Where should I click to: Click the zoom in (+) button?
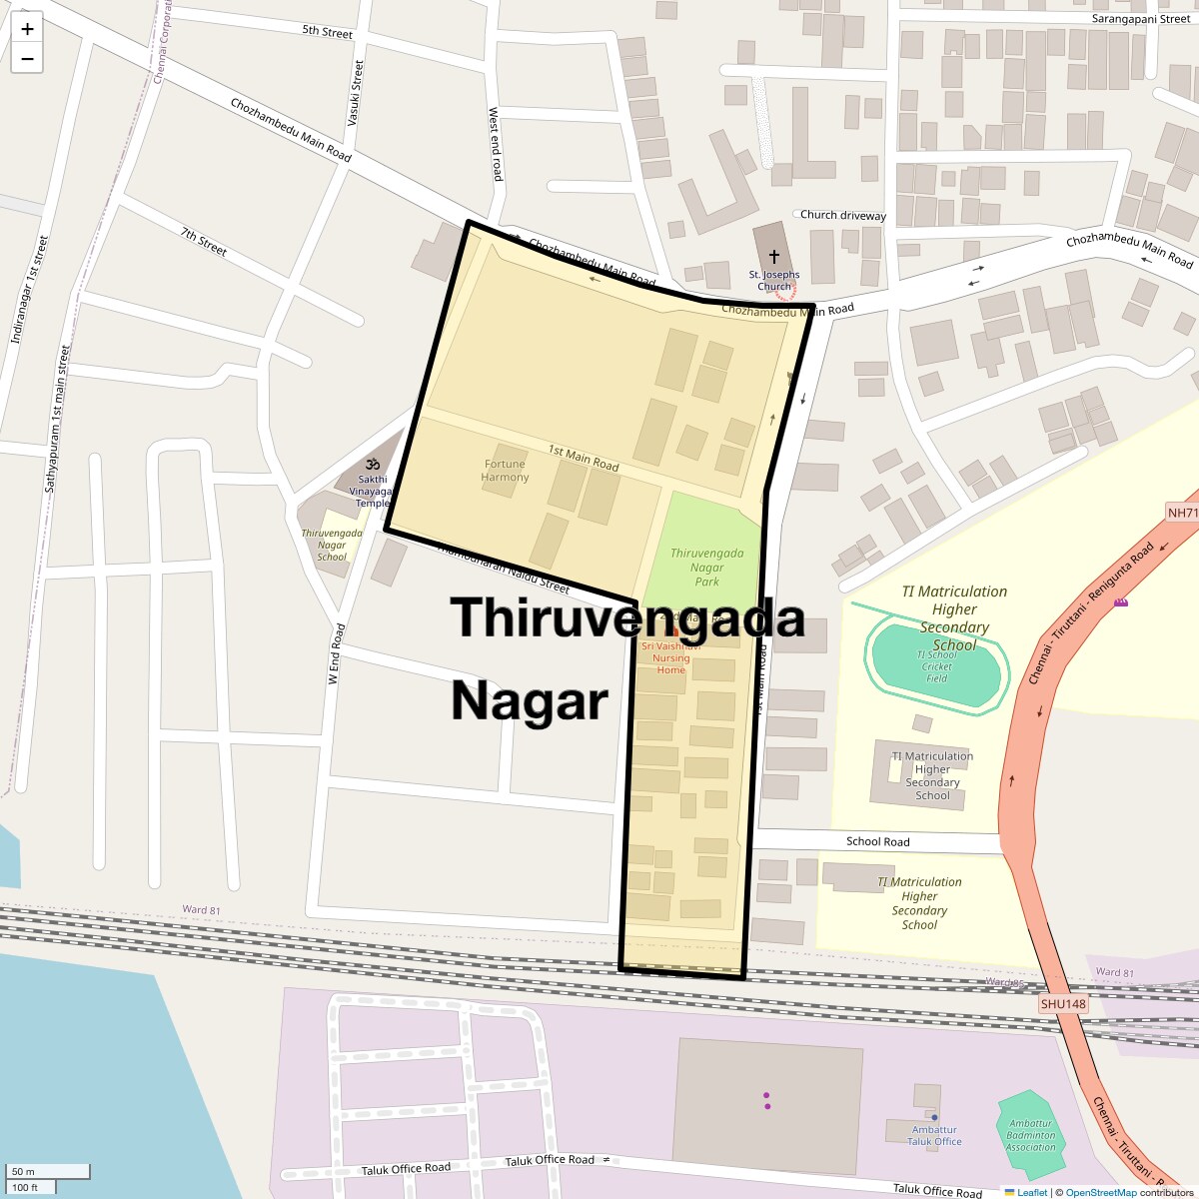27,29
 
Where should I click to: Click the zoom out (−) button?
27,59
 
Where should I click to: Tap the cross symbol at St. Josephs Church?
773,257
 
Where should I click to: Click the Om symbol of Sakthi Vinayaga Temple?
372,465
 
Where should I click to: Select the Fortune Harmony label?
505,471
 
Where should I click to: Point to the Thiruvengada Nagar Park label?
706,567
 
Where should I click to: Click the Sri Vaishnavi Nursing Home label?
671,657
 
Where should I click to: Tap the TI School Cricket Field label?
936,666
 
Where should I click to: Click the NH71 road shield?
1182,513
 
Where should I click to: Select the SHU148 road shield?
1062,1004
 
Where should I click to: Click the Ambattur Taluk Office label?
934,1135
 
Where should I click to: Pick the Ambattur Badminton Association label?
1031,1135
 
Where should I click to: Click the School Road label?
877,841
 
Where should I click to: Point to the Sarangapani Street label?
1141,19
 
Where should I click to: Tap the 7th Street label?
204,241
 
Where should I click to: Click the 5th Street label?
327,32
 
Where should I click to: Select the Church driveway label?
842,215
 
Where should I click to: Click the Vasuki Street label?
355,93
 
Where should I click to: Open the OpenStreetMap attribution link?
1100,1192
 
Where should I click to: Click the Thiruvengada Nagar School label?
332,545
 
